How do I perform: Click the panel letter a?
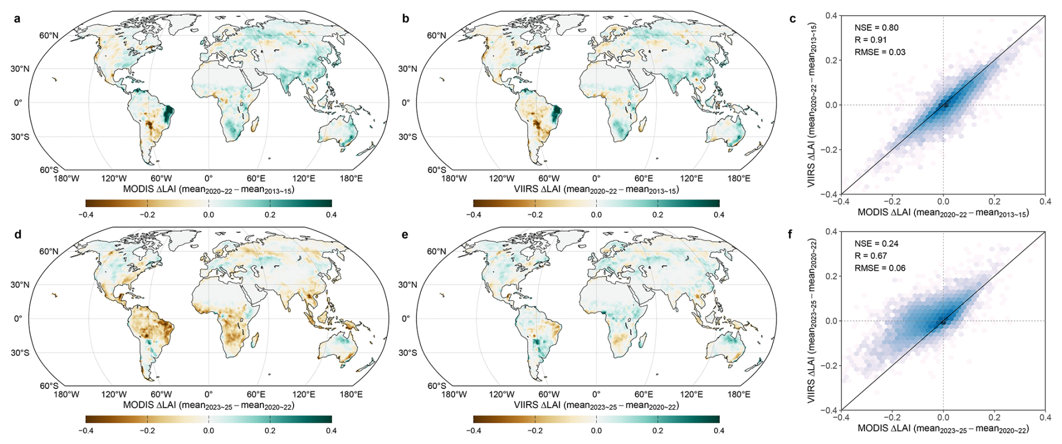point(17,19)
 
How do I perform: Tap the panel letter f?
point(791,234)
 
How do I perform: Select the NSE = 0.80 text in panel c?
point(876,28)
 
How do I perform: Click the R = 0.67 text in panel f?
point(871,256)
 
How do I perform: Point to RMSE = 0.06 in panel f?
point(880,268)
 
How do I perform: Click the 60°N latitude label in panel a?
point(49,35)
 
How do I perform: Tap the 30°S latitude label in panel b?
point(408,137)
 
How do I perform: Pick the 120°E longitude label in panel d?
point(304,395)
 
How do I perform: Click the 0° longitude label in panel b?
point(596,179)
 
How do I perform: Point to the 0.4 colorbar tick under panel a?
point(331,215)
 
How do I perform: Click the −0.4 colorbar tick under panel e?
point(473,431)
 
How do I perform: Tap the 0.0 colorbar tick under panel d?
point(208,431)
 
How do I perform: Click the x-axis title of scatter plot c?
point(943,213)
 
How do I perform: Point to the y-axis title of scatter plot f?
point(812,320)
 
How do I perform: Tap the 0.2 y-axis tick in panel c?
point(831,60)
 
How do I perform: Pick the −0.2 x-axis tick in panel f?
point(892,417)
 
